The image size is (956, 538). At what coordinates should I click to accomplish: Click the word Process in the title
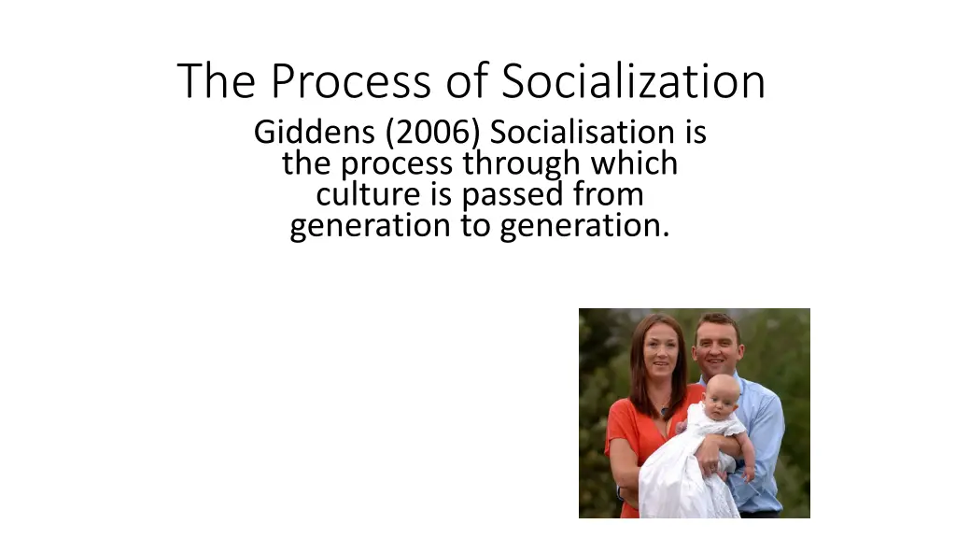pos(351,80)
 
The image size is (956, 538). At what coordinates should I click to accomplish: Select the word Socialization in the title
pos(634,80)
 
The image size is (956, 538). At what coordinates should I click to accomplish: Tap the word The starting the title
pos(217,80)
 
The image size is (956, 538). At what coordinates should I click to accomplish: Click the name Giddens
pos(314,133)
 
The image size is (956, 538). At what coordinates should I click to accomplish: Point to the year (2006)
pos(433,133)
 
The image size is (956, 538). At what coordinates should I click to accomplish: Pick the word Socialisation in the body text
pos(582,132)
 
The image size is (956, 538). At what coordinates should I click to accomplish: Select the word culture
pos(368,194)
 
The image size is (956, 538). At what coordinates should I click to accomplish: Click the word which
pos(634,163)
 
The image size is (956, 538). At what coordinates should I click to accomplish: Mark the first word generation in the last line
pos(370,226)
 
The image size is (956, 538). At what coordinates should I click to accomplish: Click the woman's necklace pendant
pos(664,412)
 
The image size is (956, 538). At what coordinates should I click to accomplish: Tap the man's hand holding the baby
pos(711,456)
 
